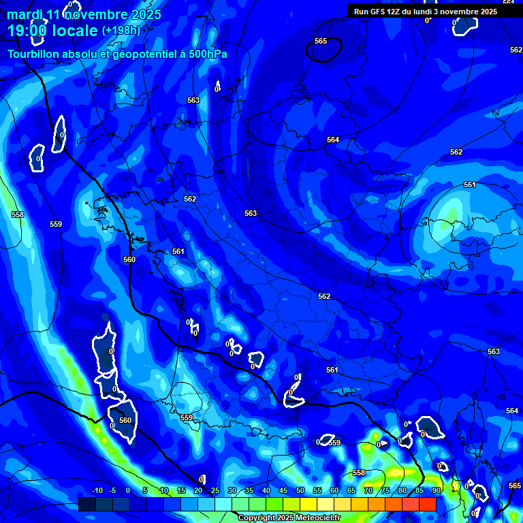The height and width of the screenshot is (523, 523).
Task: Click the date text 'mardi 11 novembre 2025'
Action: [84, 14]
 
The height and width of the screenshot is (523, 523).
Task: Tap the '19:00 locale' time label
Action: [52, 30]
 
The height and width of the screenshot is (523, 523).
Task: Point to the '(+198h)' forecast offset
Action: [121, 31]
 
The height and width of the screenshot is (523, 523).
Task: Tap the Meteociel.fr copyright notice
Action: [289, 518]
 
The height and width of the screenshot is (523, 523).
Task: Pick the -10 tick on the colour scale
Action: [97, 491]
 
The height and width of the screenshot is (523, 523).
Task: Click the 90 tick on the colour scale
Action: [436, 491]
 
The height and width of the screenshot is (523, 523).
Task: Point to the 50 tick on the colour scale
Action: [300, 491]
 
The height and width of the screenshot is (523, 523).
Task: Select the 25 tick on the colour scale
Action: [215, 491]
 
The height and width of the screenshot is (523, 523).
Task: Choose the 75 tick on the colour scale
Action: [385, 491]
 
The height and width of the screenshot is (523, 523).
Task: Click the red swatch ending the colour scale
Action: [427, 504]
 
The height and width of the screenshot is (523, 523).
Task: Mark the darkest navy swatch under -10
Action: [87, 504]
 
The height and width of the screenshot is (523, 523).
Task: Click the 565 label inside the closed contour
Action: [321, 42]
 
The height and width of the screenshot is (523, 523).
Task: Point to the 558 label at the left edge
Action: [18, 215]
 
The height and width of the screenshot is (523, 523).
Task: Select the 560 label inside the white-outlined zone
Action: [125, 420]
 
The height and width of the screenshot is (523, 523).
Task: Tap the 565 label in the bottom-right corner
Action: [515, 486]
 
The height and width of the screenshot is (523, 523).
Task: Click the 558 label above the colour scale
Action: [359, 473]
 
